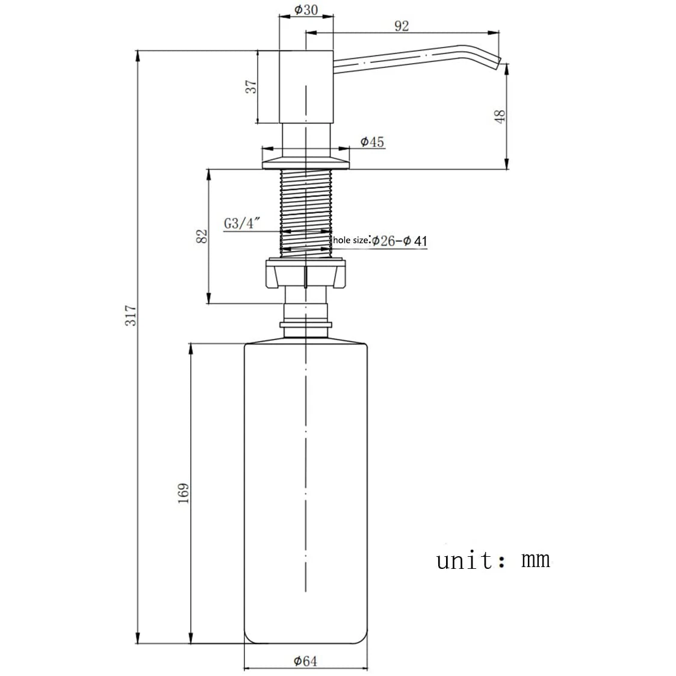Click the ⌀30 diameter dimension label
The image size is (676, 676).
pyautogui.click(x=306, y=10)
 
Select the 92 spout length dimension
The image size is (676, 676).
pyautogui.click(x=402, y=25)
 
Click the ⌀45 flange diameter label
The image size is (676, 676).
pyautogui.click(x=372, y=142)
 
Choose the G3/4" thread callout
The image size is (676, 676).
pyautogui.click(x=241, y=223)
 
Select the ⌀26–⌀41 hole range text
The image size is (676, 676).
pyautogui.click(x=398, y=241)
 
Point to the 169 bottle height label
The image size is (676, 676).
pyautogui.click(x=184, y=493)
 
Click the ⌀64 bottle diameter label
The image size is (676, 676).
pyautogui.click(x=305, y=661)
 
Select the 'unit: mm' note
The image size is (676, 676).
pyautogui.click(x=493, y=560)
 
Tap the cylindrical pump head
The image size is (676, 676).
pyautogui.click(x=306, y=87)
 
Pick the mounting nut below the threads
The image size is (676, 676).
pyautogui.click(x=306, y=274)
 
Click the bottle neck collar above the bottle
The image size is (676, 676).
pyautogui.click(x=306, y=326)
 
